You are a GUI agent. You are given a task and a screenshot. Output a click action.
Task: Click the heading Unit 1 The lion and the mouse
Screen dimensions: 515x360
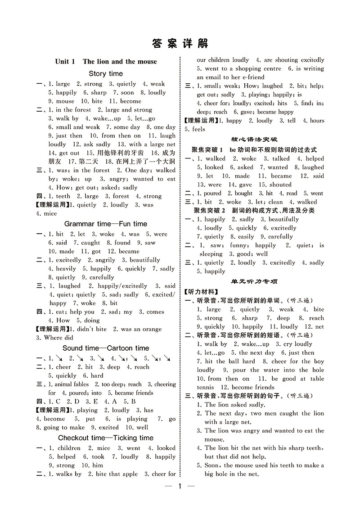click(106, 62)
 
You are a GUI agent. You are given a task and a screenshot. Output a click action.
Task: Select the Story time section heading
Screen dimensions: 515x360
click(106, 73)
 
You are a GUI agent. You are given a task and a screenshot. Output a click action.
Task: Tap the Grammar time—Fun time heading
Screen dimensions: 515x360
click(106, 224)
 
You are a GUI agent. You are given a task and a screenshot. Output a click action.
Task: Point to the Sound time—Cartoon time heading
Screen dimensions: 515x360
click(106, 348)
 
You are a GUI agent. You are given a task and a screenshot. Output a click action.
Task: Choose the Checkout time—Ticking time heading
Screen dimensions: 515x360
click(106, 438)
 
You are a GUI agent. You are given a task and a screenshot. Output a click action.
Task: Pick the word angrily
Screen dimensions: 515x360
click(106, 260)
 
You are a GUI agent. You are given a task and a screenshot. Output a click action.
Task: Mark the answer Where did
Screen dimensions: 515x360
click(58, 338)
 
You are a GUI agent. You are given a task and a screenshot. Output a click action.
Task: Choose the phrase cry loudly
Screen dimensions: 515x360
click(297, 344)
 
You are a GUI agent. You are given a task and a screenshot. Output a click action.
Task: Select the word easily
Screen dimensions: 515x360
click(246, 237)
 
